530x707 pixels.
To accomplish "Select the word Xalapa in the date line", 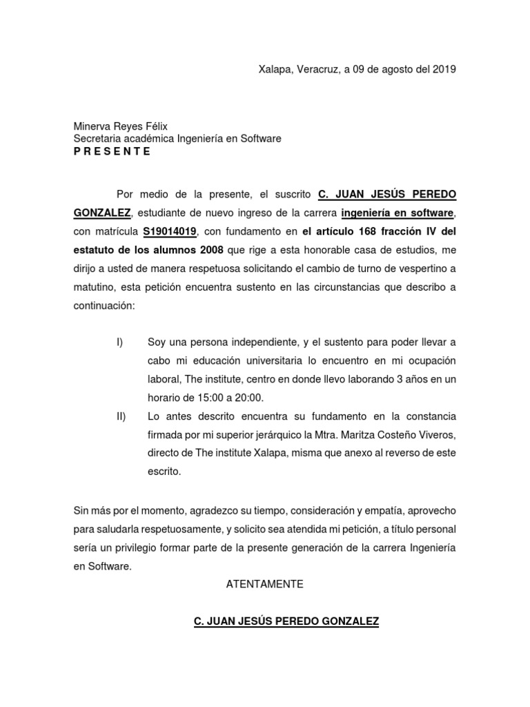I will pos(274,69).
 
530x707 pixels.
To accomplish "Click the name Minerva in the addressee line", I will pos(93,126).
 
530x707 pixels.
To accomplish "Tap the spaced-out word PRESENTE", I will pos(112,151).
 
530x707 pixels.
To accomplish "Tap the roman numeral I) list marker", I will pos(119,342).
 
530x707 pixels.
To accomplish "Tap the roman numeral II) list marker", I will pos(121,417).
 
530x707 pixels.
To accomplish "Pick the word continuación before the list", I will pos(104,305).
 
